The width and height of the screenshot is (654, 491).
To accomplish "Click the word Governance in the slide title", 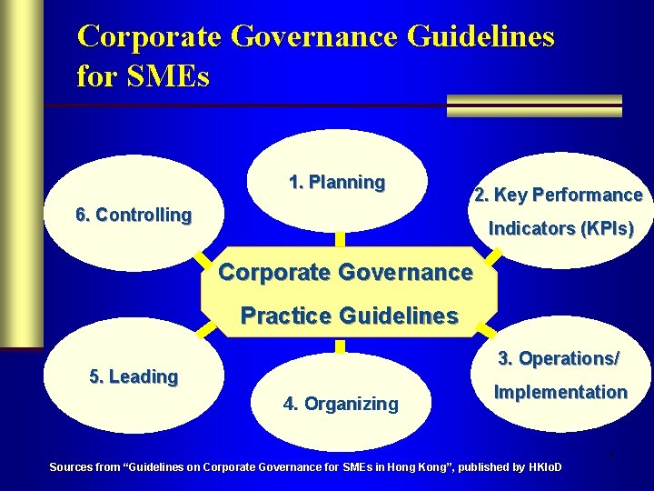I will point(314,36).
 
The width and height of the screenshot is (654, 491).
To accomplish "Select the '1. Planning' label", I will point(337,182).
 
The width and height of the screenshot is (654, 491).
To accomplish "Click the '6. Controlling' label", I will point(134,215).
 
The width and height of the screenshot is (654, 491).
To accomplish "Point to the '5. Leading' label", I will point(134,376).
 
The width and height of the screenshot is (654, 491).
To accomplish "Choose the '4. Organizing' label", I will point(341,404).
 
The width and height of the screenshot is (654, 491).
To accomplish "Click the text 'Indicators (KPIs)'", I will point(561,228).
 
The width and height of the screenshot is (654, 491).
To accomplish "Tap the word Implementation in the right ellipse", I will point(560,392).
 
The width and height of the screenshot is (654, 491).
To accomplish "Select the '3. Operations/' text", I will point(559,358).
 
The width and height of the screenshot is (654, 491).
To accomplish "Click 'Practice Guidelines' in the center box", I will point(349,316).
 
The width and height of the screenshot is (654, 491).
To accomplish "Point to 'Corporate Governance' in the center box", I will point(346,272).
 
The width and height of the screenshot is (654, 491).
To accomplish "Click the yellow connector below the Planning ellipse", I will point(340,239).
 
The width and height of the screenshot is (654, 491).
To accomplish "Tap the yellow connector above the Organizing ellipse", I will point(340,346).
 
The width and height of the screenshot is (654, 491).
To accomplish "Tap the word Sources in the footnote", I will point(70,467).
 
